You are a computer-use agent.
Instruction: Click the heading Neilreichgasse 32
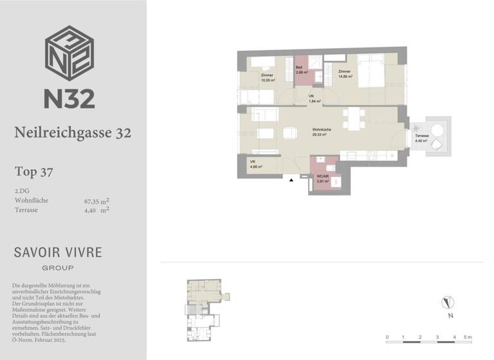tap(73, 133)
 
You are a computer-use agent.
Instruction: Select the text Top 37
tap(33, 172)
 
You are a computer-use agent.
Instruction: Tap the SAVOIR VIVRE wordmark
tap(58, 252)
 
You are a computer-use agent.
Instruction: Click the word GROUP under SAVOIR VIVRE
tap(58, 267)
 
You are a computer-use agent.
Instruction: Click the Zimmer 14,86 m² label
tap(345, 74)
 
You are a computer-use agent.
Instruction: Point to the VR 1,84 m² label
tap(315, 99)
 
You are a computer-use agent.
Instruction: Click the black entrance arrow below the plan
tap(291, 181)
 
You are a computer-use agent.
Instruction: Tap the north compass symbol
tap(448, 302)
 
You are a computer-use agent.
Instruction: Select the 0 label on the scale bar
tap(387, 337)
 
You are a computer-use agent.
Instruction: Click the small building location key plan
tap(205, 307)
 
